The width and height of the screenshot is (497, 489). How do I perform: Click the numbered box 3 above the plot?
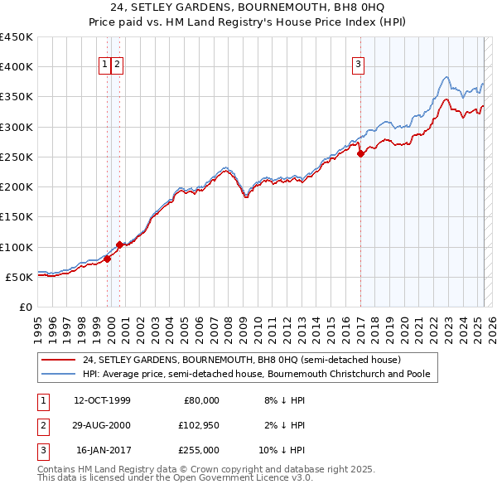pos(359,66)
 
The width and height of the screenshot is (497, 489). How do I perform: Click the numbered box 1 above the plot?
pos(105,66)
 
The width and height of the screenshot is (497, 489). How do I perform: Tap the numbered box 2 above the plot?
pos(118,66)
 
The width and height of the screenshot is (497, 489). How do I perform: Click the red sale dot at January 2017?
pos(360,153)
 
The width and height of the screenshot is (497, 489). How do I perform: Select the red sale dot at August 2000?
pos(120,244)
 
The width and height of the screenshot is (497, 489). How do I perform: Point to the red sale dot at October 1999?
pos(108,259)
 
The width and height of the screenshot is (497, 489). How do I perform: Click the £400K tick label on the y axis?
pos(17,67)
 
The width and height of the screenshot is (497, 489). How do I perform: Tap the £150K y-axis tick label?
pos(17,217)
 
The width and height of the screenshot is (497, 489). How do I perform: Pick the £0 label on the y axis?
pos(25,307)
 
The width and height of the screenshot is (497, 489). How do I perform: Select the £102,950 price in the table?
pos(199,425)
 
